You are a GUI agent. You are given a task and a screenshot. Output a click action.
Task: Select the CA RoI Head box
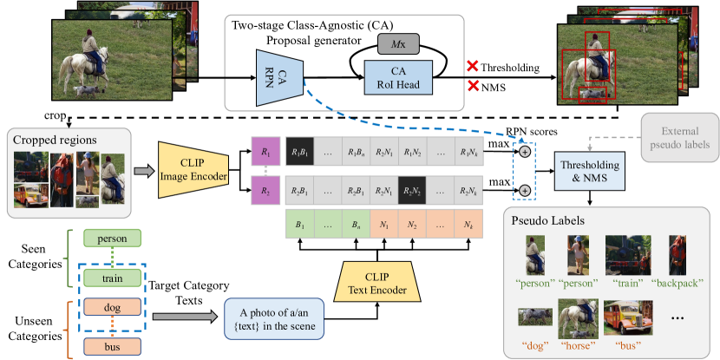pos(398,76)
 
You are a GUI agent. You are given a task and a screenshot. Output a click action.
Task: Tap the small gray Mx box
pos(398,41)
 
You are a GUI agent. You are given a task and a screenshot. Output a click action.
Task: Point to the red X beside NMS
pos(473,87)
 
